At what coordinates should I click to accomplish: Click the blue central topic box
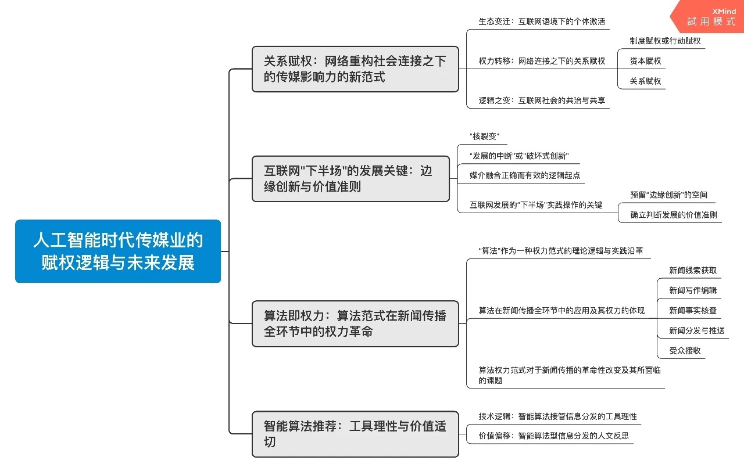[118, 251]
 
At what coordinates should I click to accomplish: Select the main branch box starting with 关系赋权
[355, 69]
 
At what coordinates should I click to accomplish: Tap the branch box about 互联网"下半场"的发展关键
[350, 179]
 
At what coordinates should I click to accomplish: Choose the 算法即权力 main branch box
[355, 323]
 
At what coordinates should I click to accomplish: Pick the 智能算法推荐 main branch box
[355, 434]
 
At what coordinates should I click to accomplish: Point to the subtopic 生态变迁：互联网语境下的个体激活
[542, 21]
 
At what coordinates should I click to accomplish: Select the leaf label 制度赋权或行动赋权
[665, 41]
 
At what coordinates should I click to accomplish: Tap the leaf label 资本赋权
[645, 61]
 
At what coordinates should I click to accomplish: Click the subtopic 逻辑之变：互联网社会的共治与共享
[542, 100]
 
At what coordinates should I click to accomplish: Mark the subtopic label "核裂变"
[484, 137]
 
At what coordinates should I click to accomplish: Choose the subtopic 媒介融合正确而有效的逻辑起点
[524, 175]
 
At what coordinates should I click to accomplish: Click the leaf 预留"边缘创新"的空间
[668, 195]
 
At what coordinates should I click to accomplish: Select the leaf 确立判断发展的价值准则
[674, 215]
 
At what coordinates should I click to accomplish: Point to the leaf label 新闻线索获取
[693, 271]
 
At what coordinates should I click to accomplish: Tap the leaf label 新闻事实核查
[693, 311]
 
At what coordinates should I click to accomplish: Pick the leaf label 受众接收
[685, 351]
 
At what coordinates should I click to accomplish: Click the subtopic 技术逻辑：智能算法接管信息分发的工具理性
[557, 416]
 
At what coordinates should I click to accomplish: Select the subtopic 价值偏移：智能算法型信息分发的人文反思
[553, 436]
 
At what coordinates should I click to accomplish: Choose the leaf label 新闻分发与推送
[696, 331]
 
